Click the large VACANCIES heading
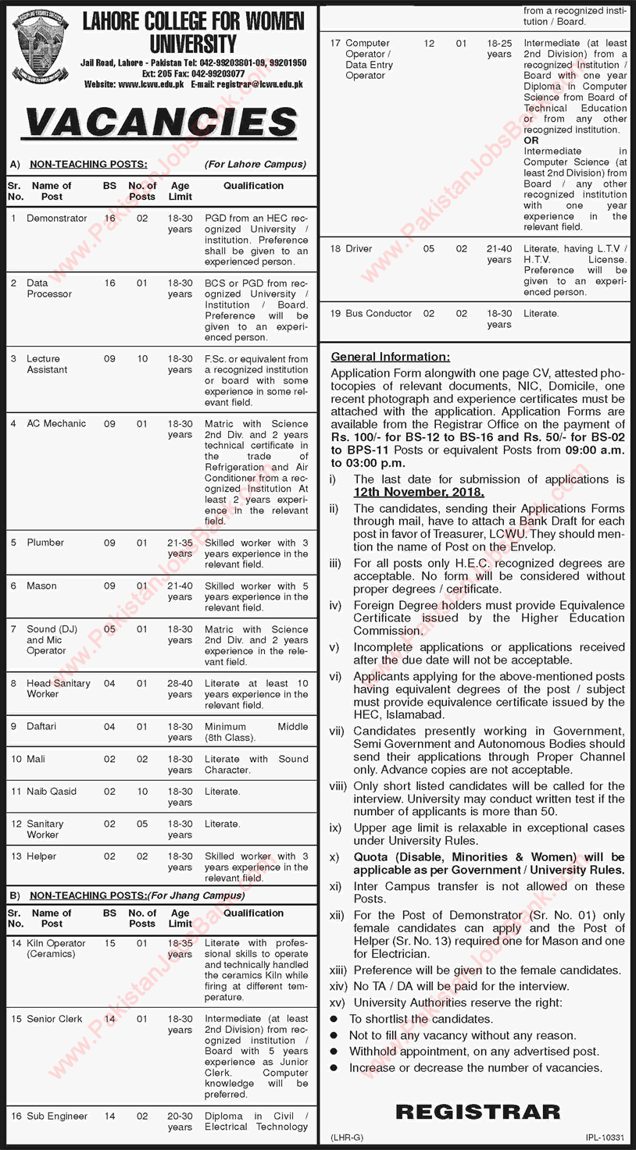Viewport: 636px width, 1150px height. pos(162,123)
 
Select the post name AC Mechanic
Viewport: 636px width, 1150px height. pos(56,423)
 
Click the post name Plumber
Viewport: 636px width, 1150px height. pos(45,543)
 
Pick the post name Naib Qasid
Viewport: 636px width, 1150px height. pos(52,792)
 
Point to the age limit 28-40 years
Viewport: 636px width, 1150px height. pos(180,689)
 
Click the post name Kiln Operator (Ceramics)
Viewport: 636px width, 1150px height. pos(56,949)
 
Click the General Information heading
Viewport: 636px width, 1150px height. pos(391,357)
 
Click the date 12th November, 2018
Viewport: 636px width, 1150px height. pos(419,493)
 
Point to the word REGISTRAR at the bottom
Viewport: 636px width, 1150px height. pos(477,1112)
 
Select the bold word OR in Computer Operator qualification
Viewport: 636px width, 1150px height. pos(531,141)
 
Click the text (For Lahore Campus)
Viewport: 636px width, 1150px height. pos(255,165)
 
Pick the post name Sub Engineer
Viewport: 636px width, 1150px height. pos(57,1116)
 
